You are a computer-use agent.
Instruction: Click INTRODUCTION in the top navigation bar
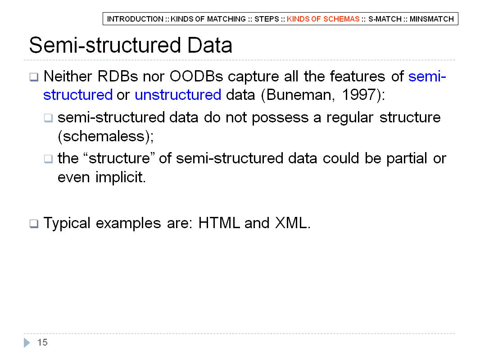pos(135,19)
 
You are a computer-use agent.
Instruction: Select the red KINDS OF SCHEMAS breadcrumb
pos(323,19)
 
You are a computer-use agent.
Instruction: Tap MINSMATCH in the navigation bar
pos(432,19)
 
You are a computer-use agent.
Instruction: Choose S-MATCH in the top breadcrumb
pos(385,19)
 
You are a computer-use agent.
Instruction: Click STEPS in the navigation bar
pos(267,19)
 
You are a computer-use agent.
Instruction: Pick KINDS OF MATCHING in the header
pos(208,19)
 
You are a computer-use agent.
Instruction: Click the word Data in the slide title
pos(210,45)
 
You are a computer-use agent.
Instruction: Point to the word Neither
pos(68,76)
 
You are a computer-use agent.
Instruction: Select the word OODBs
pos(196,76)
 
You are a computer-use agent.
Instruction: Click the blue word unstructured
pos(178,95)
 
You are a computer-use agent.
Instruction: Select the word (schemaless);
pos(106,136)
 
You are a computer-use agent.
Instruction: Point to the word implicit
pos(121,177)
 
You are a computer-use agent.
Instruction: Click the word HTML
pos(219,223)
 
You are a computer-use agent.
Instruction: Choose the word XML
pos(293,223)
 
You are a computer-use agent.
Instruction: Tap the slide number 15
pos(42,342)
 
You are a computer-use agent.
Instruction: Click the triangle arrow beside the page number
pos(27,342)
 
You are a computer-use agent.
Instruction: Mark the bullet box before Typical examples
pos(34,224)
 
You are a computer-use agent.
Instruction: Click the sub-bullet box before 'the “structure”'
pos(48,159)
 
